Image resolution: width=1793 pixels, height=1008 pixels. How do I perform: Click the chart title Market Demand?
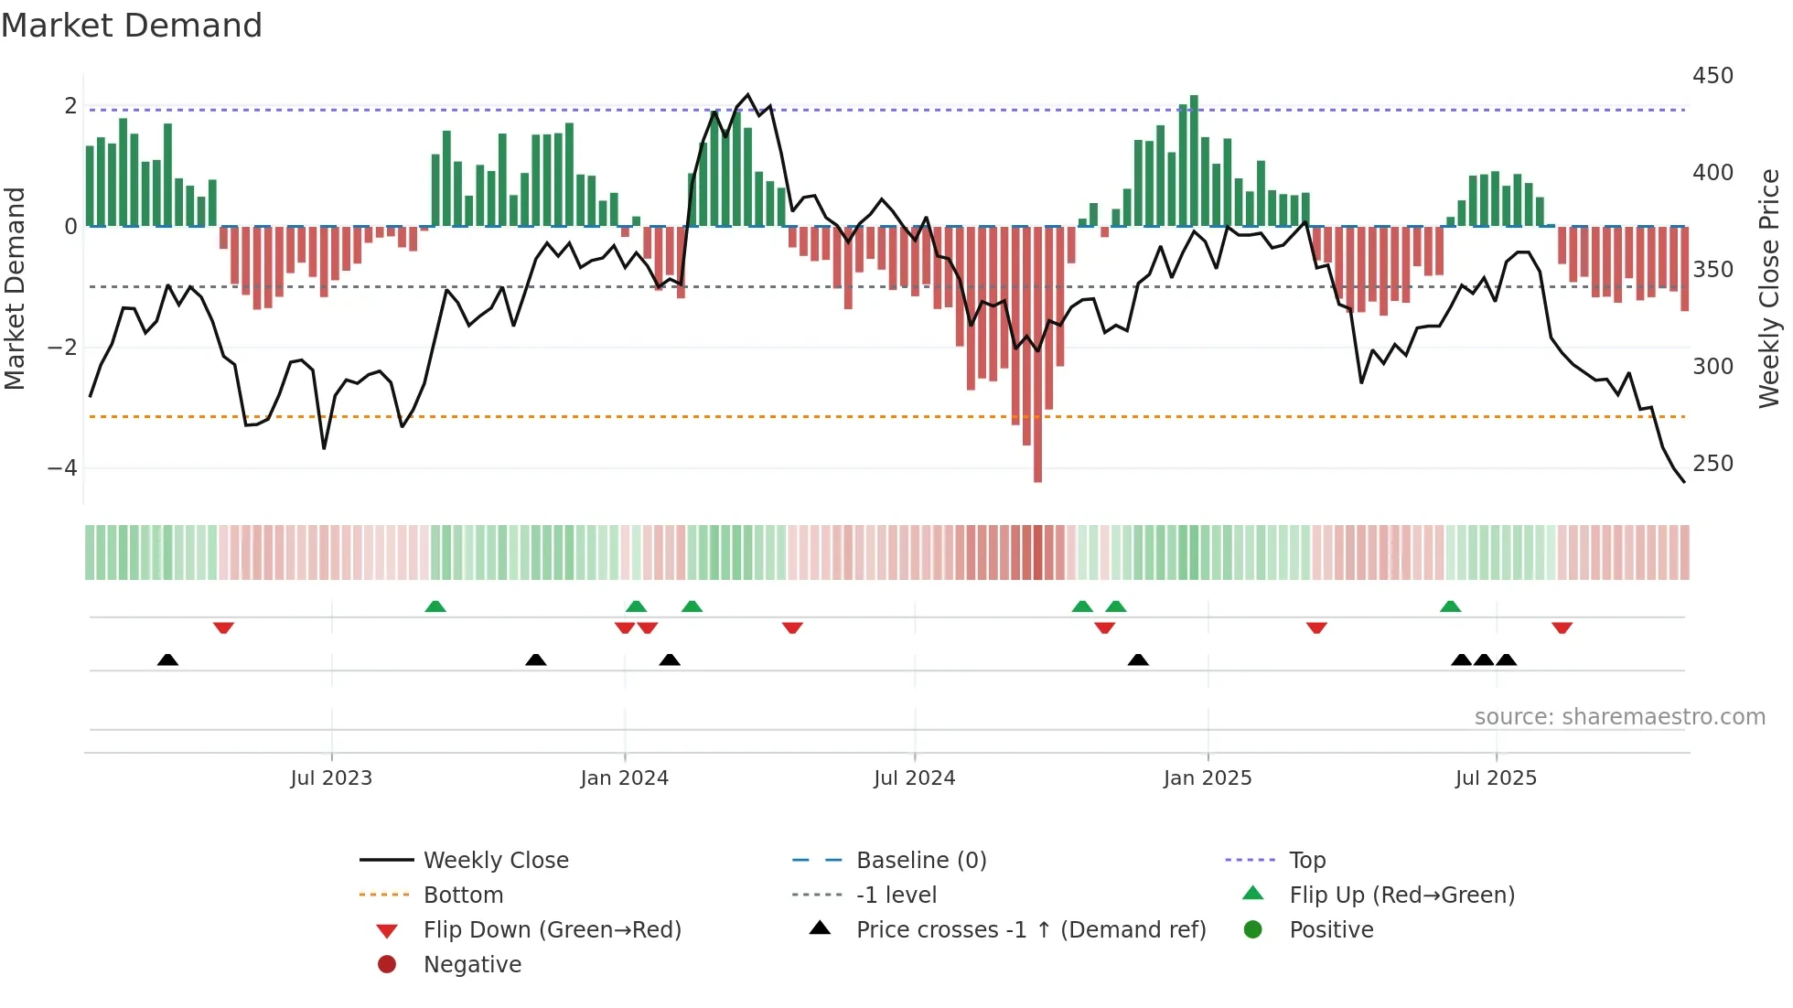coord(132,26)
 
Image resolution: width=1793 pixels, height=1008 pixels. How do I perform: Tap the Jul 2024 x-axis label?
coord(914,778)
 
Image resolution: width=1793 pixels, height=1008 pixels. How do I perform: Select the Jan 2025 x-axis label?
coord(1207,778)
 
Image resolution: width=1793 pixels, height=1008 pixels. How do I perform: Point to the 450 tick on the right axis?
coord(1712,76)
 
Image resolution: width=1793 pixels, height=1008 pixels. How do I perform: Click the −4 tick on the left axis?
coord(62,468)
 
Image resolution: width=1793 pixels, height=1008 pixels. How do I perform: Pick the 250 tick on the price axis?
coord(1712,464)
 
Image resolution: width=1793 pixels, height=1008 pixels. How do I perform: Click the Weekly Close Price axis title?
coord(1769,288)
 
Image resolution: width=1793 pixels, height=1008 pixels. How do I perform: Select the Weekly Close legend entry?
coord(495,861)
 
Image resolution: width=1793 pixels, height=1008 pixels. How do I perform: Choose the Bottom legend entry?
coord(463,895)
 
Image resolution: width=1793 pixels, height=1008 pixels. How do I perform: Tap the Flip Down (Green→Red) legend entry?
coord(552,930)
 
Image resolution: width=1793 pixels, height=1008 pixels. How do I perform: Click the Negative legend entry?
coord(472,965)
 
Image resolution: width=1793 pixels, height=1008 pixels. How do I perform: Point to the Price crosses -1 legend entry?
coord(1030,930)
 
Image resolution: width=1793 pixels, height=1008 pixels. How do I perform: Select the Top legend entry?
coord(1307,861)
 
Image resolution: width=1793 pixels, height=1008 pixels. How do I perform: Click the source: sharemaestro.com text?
coord(1619,717)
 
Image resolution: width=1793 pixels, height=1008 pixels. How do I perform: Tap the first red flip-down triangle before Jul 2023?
coord(223,627)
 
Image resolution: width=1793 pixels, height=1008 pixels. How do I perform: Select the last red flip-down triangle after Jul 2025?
coord(1562,627)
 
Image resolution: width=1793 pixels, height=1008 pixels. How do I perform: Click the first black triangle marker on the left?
coord(167,659)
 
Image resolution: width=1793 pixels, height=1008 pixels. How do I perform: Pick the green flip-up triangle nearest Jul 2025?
coord(1450,606)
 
